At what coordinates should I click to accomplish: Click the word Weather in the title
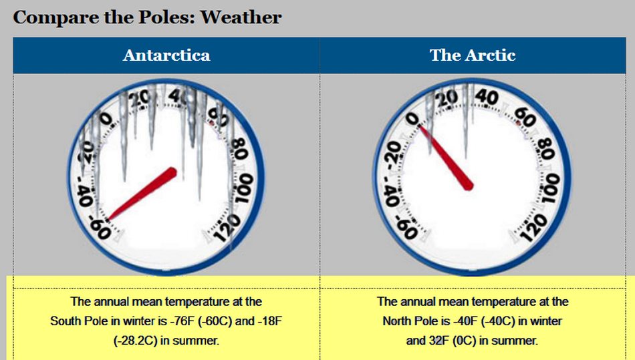241,17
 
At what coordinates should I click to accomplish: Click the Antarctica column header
166,55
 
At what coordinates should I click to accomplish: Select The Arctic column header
473,55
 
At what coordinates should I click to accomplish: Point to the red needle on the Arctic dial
446,158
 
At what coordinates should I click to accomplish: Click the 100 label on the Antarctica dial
245,188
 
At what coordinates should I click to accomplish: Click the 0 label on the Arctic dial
412,119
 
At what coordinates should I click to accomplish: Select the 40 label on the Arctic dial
487,96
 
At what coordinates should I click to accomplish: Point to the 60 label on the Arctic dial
525,118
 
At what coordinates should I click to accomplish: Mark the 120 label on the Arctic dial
534,228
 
